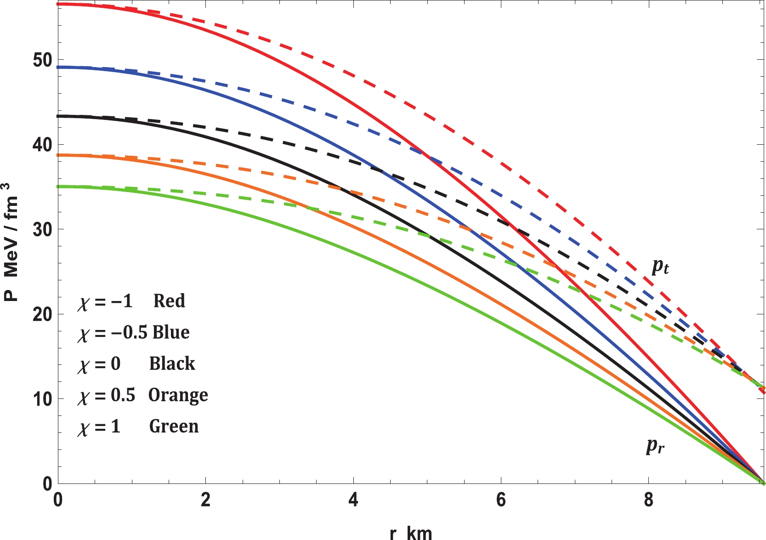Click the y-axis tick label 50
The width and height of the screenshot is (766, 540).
click(42, 60)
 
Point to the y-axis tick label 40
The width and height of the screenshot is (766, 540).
click(42, 145)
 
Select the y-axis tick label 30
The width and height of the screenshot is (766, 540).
click(42, 229)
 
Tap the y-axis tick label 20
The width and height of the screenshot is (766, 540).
click(42, 314)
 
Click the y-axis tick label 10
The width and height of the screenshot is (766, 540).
click(42, 399)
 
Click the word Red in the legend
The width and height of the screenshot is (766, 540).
click(169, 301)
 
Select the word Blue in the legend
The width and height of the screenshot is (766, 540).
click(171, 332)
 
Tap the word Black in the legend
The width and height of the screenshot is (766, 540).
click(172, 364)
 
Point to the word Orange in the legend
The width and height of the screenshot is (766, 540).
click(178, 395)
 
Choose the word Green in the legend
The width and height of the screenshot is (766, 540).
click(174, 426)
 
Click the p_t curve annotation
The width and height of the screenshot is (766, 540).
click(660, 266)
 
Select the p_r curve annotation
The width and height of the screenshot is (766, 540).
click(655, 445)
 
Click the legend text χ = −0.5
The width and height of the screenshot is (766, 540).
click(112, 333)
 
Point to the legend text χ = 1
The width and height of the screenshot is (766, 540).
click(99, 427)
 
